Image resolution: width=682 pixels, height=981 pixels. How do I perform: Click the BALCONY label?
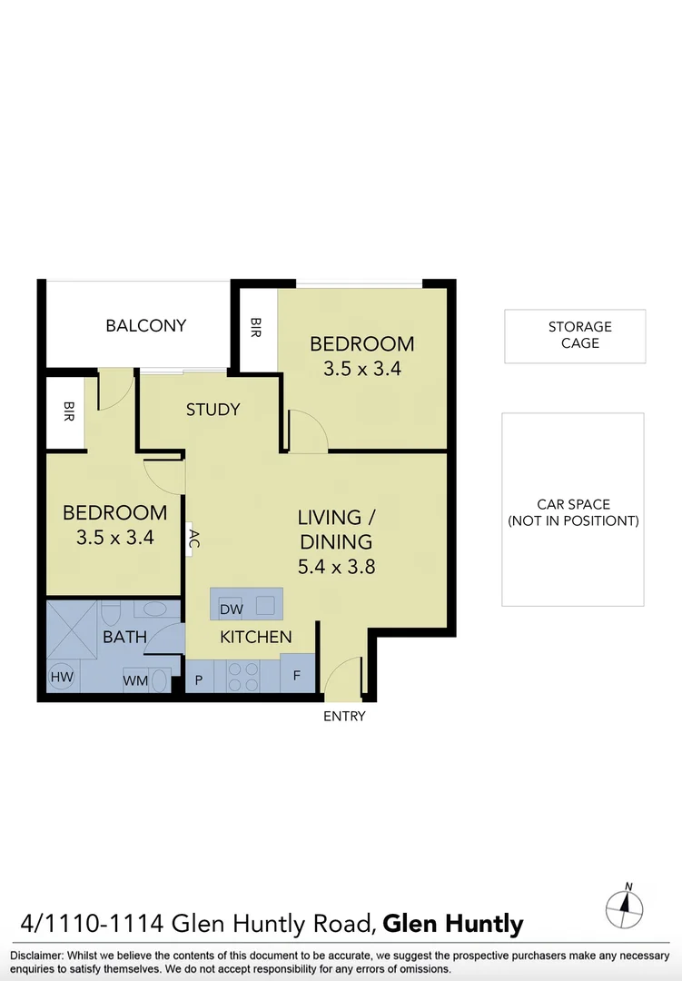pos(145,325)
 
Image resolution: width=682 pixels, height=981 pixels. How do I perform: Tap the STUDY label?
pos(213,410)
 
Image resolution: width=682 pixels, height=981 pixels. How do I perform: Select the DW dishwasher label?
pos(231,609)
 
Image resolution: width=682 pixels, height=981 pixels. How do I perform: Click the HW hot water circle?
pos(62,677)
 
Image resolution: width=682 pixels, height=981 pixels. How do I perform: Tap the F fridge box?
pos(297,677)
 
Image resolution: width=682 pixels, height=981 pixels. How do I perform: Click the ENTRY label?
pos(344,717)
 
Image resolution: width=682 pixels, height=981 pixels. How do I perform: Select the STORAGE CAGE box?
pos(574,336)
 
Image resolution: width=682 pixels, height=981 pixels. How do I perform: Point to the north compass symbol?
pos(625,906)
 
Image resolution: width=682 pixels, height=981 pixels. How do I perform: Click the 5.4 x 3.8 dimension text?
pos(335,567)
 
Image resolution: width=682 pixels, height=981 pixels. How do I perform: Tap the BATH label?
pos(124,637)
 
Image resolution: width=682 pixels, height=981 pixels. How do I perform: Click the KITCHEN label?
pos(256,637)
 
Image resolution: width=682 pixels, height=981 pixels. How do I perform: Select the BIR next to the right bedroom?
pos(256,328)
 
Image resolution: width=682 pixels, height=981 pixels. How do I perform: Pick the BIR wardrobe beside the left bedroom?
pos(68,413)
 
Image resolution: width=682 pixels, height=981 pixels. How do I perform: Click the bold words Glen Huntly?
pos(453,925)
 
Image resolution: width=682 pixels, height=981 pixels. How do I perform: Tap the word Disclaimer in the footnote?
pos(35,956)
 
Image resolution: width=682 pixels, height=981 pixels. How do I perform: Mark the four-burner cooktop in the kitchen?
pos(242,677)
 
